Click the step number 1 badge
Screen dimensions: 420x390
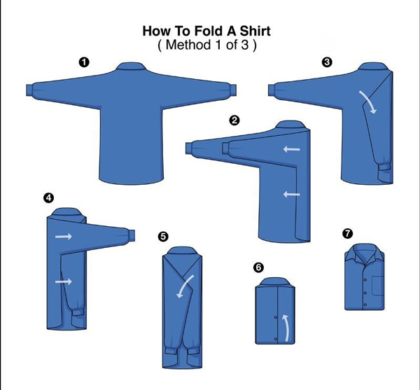click(84, 62)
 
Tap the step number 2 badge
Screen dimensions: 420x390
click(234, 120)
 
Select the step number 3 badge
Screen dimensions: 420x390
click(327, 62)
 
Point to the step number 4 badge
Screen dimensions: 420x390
click(48, 198)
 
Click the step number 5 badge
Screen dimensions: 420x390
click(163, 237)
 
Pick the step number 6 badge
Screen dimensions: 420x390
click(258, 267)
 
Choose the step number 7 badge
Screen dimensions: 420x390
click(348, 233)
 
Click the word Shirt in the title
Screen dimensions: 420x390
click(255, 31)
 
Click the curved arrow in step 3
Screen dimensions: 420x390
click(369, 102)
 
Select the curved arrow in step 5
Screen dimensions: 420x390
click(185, 286)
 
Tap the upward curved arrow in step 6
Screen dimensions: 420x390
click(286, 328)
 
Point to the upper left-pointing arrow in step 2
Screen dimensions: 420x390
click(292, 149)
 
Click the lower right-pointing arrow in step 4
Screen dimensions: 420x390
click(64, 281)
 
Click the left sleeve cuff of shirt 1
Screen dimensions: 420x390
click(29, 90)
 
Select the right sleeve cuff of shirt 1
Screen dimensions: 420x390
click(233, 90)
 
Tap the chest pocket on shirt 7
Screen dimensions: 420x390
click(378, 285)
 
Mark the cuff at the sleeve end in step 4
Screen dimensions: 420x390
click(132, 235)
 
